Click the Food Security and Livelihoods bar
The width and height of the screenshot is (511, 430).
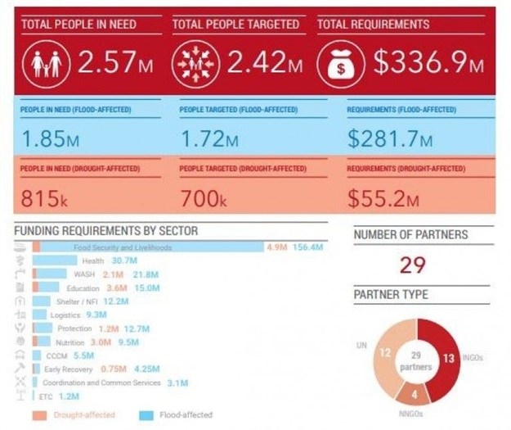pos(147,247)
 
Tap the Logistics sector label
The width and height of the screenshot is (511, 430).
pos(65,315)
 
